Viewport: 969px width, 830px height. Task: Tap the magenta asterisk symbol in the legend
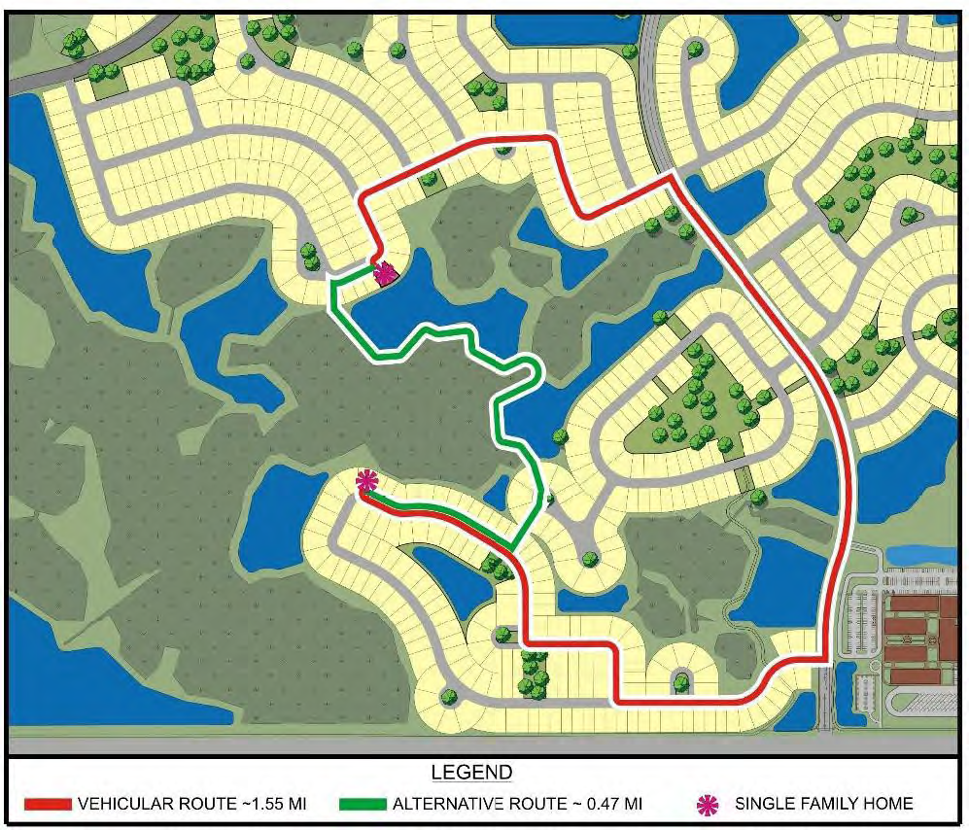[x=708, y=804]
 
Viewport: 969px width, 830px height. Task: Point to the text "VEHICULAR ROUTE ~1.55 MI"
[x=191, y=805]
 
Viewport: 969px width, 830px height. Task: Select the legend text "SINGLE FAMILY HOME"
[x=823, y=804]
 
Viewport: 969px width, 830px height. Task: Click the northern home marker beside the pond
[x=384, y=274]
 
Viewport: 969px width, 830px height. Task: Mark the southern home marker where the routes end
[x=366, y=480]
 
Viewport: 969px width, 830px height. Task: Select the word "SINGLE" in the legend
[x=764, y=804]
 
